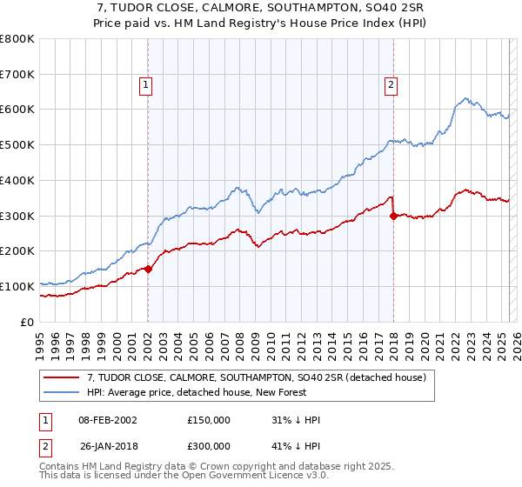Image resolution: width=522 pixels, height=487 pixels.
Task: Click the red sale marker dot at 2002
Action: click(148, 269)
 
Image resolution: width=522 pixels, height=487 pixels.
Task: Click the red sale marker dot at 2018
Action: click(393, 216)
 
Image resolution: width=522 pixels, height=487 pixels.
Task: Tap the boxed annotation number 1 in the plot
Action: click(145, 84)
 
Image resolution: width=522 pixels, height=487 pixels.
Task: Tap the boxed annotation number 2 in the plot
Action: click(391, 84)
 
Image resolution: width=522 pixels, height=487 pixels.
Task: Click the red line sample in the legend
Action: click(63, 377)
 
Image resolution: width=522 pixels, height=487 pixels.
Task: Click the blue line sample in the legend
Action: click(63, 393)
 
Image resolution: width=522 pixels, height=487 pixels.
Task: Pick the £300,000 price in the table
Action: click(209, 448)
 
